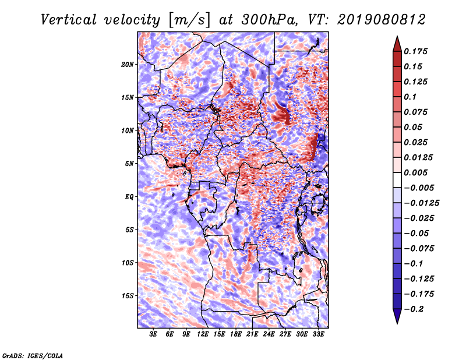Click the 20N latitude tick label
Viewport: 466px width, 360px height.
coord(128,65)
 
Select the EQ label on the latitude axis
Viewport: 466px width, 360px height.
coord(129,197)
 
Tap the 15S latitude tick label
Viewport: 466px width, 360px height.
coord(128,296)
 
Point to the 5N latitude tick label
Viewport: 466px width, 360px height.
coord(129,164)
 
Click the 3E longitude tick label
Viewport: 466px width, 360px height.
coord(153,334)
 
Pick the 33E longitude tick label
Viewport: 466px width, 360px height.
coord(318,334)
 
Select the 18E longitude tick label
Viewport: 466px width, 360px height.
coord(236,334)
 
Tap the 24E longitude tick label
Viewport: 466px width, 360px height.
coord(269,334)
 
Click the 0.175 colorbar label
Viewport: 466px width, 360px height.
coord(415,51)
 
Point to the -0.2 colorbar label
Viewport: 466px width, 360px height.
coord(414,309)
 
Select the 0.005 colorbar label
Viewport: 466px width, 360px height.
coord(415,172)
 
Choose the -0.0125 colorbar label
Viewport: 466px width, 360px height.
coord(421,203)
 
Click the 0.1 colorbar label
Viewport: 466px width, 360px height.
coord(410,97)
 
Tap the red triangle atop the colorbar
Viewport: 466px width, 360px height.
coord(397,44)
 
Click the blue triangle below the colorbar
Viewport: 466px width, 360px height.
coord(397,316)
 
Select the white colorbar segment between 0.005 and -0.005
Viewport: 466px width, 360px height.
coord(397,180)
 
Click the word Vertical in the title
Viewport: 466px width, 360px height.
coord(69,20)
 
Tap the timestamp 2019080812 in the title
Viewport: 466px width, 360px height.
coord(381,20)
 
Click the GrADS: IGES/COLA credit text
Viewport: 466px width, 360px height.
coord(33,356)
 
